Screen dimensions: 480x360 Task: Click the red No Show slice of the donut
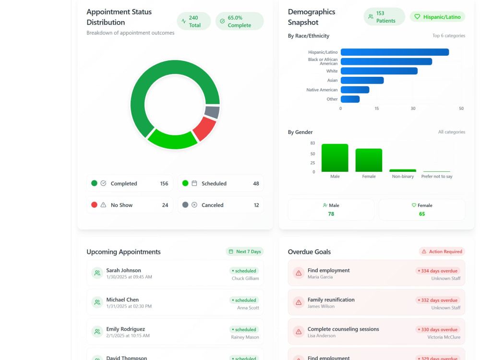pos(204,129)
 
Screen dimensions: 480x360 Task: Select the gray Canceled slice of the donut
pos(212,112)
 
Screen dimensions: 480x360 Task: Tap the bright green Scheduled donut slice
pos(172,139)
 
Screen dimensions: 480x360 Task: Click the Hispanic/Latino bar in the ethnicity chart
pos(395,52)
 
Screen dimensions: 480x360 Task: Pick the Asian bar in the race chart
pos(362,80)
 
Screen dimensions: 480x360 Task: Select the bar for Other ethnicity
pos(350,99)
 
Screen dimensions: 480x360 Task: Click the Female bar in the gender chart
pos(369,160)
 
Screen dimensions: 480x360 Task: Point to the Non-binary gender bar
pos(403,170)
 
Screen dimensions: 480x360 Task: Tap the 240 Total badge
pos(194,22)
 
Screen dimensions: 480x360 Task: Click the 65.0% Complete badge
pos(240,22)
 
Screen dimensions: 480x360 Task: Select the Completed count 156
pos(164,183)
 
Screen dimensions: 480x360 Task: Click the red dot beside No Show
pos(94,205)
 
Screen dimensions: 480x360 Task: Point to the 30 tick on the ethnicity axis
pos(413,108)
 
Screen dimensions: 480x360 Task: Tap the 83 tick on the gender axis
pos(312,143)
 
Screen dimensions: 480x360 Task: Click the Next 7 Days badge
pos(245,252)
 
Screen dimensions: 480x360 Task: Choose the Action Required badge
pos(442,252)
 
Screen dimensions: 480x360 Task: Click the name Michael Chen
pos(122,300)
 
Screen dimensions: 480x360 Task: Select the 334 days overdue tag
pos(438,271)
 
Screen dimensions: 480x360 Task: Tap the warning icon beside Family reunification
pos(299,302)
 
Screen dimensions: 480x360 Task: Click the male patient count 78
pos(331,214)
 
